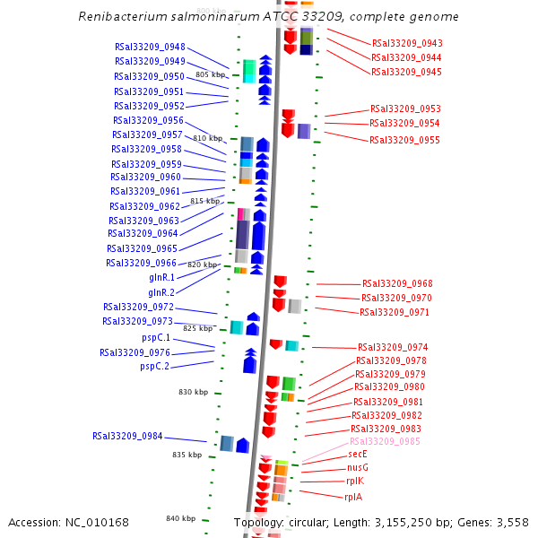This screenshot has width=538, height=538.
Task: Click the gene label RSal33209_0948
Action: [x=150, y=48]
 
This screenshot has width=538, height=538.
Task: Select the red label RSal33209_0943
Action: [x=407, y=44]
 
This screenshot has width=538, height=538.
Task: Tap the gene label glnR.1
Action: [x=161, y=278]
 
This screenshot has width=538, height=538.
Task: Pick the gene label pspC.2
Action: [x=154, y=366]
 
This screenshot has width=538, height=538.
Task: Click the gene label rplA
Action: [x=353, y=497]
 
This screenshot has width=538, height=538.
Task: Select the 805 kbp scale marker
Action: [x=210, y=74]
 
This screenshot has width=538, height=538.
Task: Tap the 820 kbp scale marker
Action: [x=202, y=265]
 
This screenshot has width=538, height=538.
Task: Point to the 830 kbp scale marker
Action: [x=193, y=392]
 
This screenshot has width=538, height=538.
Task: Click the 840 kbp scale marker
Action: [x=180, y=518]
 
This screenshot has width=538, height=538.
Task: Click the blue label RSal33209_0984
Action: [x=127, y=437]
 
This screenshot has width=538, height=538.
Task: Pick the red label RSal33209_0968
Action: [x=397, y=284]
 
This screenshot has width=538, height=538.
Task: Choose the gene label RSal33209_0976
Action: [x=134, y=352]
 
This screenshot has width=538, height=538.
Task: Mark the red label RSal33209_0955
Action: [x=404, y=140]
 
